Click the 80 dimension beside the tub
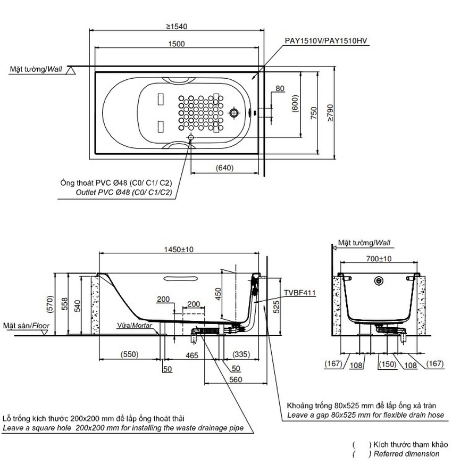[280, 89]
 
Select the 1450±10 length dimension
[179, 249]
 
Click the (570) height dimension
[63, 303]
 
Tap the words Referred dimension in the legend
[406, 454]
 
